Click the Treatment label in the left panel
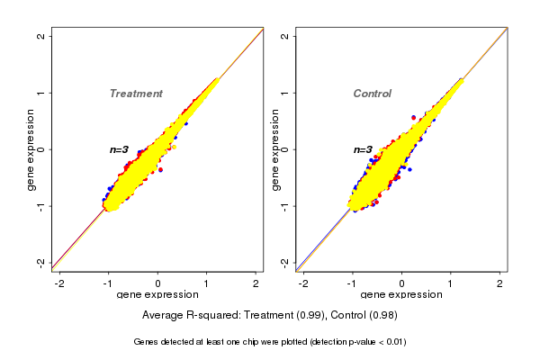pyautogui.click(x=136, y=94)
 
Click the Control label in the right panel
pyautogui.click(x=372, y=94)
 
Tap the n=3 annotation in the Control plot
pyautogui.click(x=363, y=149)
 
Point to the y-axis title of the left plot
pyautogui.click(x=32, y=149)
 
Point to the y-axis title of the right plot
pyautogui.click(x=276, y=149)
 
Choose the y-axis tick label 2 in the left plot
pyautogui.click(x=41, y=36)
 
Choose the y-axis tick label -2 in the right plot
pyautogui.click(x=284, y=262)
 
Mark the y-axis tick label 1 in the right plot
pyautogui.click(x=284, y=93)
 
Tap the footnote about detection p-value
pyautogui.click(x=270, y=342)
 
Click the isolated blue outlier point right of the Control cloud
pyautogui.click(x=409, y=169)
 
